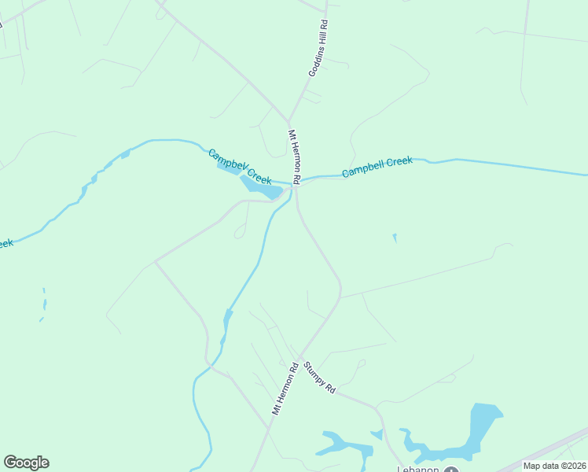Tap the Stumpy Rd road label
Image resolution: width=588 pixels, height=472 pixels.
[319, 378]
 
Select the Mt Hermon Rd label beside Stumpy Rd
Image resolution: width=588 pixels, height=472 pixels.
[285, 389]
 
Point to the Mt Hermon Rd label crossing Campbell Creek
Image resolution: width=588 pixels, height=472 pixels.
[294, 157]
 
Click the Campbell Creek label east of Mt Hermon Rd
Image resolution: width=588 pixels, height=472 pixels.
[377, 166]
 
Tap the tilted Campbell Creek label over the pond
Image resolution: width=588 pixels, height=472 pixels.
[240, 167]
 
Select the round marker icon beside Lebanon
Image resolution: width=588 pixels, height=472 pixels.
[450, 469]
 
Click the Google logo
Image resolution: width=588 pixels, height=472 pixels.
[26, 462]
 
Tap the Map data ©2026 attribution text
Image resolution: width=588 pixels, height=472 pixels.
[554, 466]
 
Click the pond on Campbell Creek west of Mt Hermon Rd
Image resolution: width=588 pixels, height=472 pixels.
[259, 186]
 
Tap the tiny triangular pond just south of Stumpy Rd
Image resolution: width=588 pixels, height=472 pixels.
[377, 433]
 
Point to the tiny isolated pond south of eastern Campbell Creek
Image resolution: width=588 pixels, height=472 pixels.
[395, 237]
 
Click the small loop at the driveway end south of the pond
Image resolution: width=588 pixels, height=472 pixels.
[240, 232]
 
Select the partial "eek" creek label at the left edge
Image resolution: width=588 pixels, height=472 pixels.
[6, 244]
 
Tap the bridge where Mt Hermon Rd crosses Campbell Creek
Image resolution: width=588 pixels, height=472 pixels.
[296, 183]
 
